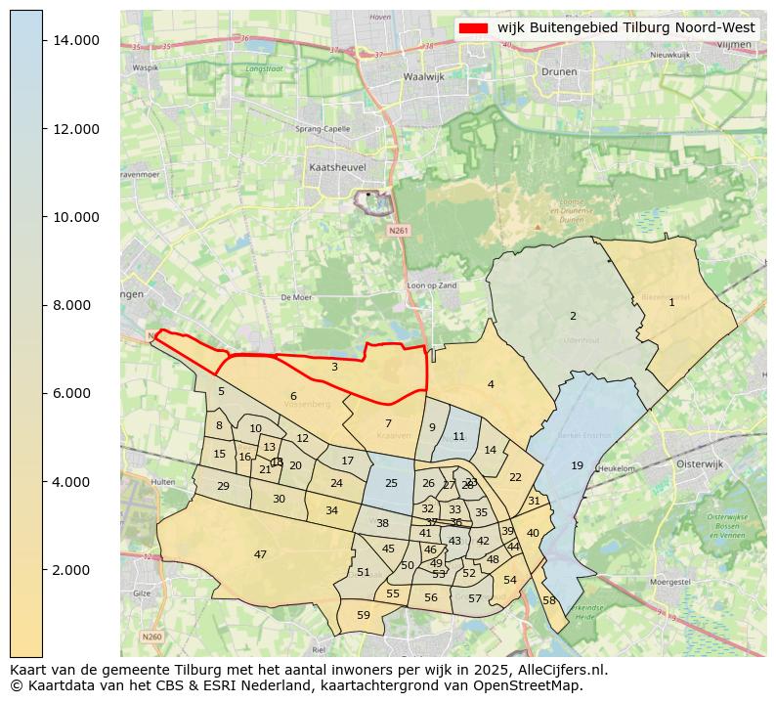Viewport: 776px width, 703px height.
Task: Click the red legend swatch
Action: point(473,28)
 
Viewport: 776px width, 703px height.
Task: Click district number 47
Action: point(260,554)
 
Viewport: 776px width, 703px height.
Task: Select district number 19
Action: point(577,465)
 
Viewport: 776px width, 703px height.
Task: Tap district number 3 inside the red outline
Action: point(334,367)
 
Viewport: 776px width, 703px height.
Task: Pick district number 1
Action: point(671,302)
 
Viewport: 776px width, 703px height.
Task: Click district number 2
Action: point(573,316)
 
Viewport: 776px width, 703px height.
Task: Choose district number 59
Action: point(364,615)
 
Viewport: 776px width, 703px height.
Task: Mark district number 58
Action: point(549,600)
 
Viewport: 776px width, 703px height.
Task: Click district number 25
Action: point(391,483)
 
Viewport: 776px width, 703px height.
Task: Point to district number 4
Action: point(491,384)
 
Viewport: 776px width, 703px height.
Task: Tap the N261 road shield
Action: point(398,231)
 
